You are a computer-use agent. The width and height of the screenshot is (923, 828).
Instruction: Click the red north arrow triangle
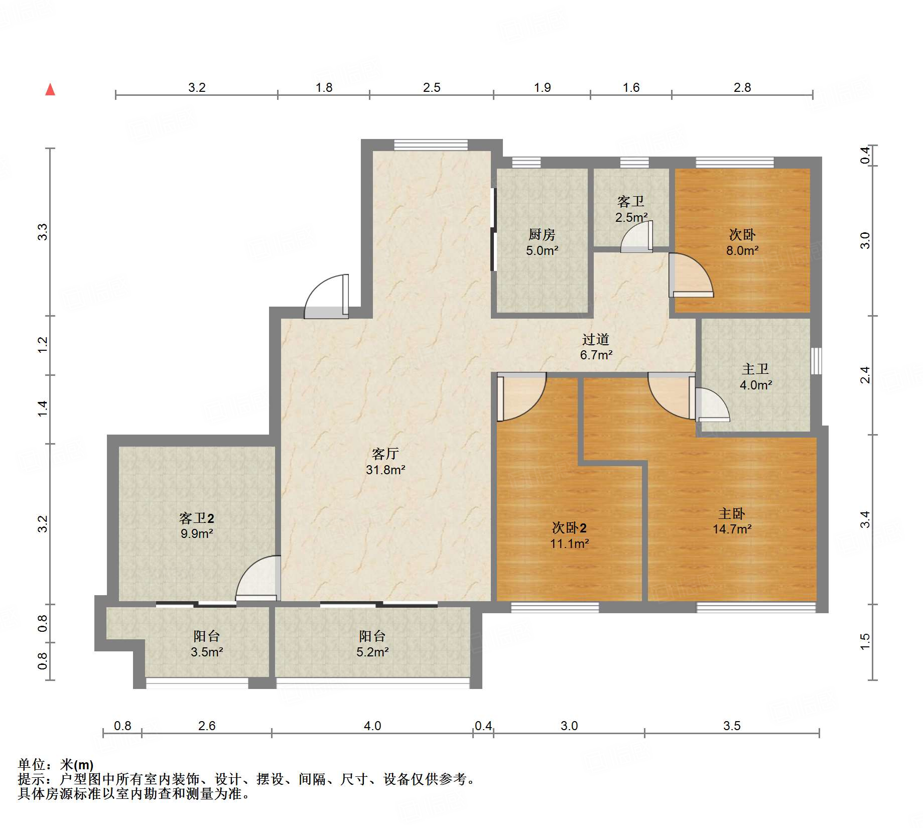coord(50,89)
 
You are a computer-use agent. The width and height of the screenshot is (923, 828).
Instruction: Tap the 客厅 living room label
coord(385,454)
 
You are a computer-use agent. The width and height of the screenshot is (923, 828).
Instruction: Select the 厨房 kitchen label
coord(542,234)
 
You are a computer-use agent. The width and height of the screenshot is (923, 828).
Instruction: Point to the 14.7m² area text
coord(732,529)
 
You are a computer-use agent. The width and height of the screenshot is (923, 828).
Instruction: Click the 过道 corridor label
coord(596,339)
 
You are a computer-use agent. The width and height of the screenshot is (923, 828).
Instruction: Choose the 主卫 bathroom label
coord(755,369)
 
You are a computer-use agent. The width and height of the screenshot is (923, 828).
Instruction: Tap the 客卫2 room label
coord(197,518)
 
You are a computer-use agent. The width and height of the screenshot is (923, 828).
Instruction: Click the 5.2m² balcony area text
coord(372,652)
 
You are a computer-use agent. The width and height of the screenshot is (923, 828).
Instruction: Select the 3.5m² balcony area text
coord(207,652)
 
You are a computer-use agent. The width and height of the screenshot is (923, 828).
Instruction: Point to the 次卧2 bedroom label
coord(569,527)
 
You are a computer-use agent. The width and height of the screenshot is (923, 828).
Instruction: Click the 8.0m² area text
coord(742,250)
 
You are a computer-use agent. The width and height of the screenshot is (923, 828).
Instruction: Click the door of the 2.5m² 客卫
coord(636,237)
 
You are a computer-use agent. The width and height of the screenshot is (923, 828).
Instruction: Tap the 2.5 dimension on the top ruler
coord(432,88)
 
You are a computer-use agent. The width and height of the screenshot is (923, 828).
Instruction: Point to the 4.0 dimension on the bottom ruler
coord(372,726)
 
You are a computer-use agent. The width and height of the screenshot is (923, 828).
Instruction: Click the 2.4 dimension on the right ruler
coord(865,375)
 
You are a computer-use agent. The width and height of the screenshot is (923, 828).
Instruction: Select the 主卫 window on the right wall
coord(817,361)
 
